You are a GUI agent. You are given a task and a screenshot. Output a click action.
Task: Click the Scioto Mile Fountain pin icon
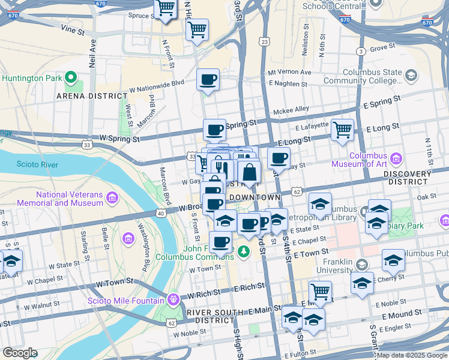click(x=173, y=298)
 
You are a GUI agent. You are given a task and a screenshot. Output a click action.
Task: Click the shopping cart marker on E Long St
click(x=342, y=129)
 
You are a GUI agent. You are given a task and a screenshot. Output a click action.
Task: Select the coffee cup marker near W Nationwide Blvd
click(x=208, y=80)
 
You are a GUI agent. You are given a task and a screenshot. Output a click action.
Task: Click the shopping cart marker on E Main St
click(x=320, y=292)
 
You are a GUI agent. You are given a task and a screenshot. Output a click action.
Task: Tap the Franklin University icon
click(x=361, y=264)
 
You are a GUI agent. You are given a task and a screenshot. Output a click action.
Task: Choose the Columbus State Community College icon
click(x=411, y=76)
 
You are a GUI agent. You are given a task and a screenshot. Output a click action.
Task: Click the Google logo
click(x=19, y=352)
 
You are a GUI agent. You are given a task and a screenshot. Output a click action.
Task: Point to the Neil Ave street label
click(x=92, y=53)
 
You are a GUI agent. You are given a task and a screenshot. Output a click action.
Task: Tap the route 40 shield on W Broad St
click(x=161, y=213)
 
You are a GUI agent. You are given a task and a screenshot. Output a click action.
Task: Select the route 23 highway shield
click(x=265, y=41)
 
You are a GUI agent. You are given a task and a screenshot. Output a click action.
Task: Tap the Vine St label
click(x=71, y=29)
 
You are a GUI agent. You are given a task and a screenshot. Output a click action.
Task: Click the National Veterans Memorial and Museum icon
click(x=112, y=198)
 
